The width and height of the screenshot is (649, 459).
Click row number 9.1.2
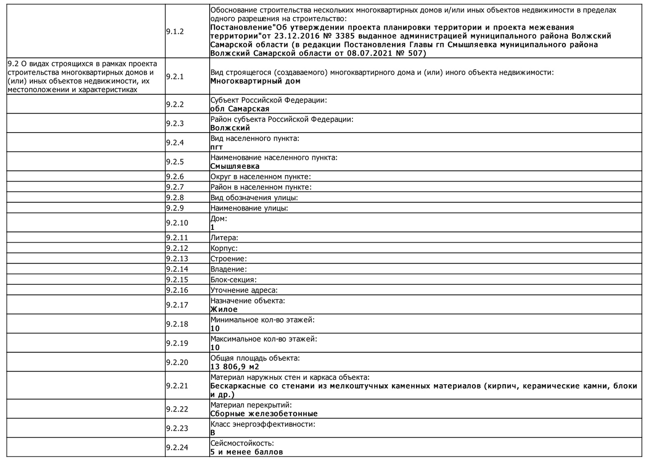pyautogui.click(x=175, y=32)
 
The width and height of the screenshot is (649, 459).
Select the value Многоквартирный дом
pyautogui.click(x=255, y=81)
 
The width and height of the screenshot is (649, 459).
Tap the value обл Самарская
pyautogui.click(x=240, y=109)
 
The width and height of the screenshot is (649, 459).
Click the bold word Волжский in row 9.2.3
pyautogui.click(x=230, y=128)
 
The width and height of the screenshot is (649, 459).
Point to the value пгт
pyautogui.click(x=216, y=147)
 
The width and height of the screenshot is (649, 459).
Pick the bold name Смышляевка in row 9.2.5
pyautogui.click(x=235, y=166)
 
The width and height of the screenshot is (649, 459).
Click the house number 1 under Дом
pyautogui.click(x=213, y=227)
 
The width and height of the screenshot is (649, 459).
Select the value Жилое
pyautogui.click(x=224, y=309)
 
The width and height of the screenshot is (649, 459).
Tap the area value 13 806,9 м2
pyautogui.click(x=235, y=367)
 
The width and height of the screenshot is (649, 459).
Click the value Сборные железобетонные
pyautogui.click(x=264, y=414)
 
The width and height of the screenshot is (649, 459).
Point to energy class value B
pyautogui.click(x=213, y=433)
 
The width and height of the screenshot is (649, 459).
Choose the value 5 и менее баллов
pyautogui.click(x=246, y=452)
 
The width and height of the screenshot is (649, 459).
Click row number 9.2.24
pyautogui.click(x=177, y=448)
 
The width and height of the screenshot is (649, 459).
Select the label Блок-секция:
pyautogui.click(x=233, y=280)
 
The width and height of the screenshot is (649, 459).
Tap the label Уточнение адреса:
pyautogui.click(x=244, y=290)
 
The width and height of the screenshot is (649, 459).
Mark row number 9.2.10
pyautogui.click(x=177, y=223)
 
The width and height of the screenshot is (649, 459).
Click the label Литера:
pyautogui.click(x=224, y=238)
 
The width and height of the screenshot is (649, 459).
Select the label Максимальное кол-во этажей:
pyautogui.click(x=264, y=339)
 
